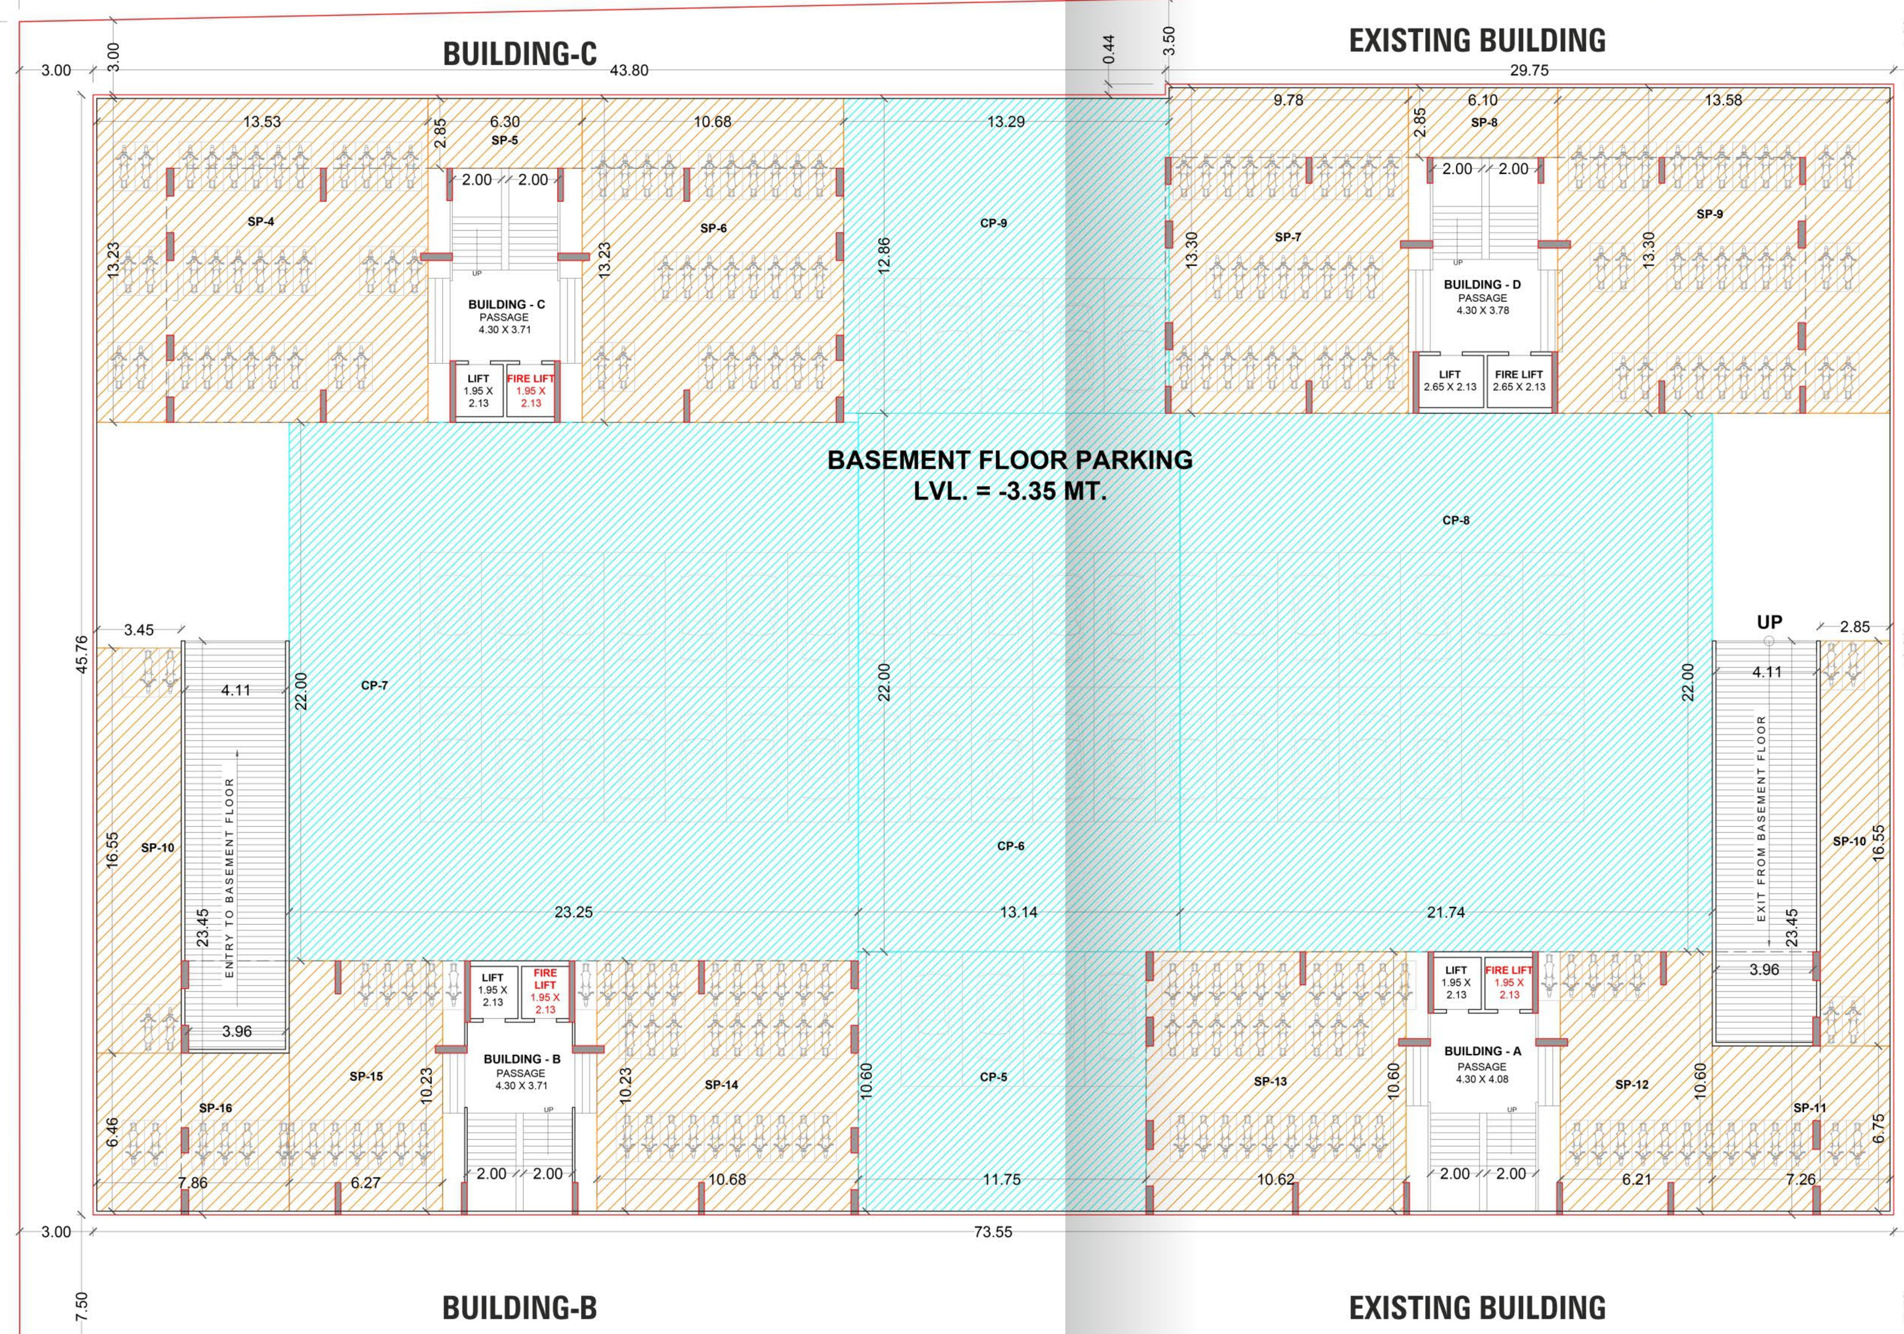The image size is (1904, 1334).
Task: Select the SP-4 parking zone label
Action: coord(260,222)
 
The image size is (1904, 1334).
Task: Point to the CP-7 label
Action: coord(374,685)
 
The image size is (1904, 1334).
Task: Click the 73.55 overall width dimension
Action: coord(993,1232)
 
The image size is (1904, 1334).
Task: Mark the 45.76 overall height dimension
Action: coord(81,654)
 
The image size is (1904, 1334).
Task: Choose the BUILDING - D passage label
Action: coord(1482,284)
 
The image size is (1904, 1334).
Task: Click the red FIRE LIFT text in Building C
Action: coord(531,379)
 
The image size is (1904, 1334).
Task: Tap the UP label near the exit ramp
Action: coord(1769,622)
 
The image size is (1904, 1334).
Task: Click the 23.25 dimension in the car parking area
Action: coord(573,912)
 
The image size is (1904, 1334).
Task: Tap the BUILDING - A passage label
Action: coord(1482,1051)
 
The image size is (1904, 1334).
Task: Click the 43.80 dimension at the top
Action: coord(629,71)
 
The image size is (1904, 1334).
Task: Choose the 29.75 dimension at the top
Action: coord(1528,71)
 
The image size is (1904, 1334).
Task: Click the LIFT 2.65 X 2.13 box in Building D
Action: coord(1450,381)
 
